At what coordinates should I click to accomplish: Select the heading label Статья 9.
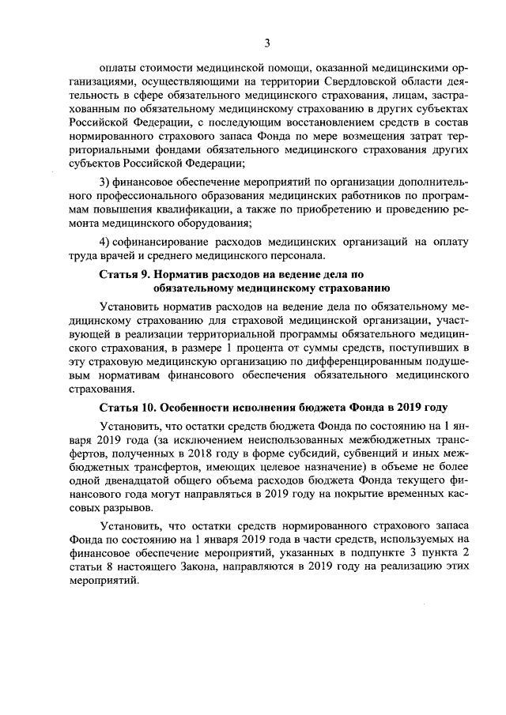coord(123,276)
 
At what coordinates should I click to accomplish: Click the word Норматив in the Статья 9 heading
coord(182,276)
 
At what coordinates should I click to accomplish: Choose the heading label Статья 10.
coord(126,409)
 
